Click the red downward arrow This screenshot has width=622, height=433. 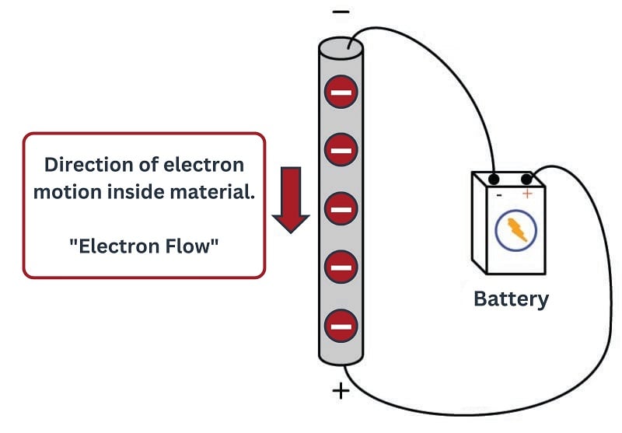pos(291,199)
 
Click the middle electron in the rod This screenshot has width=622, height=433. pos(341,208)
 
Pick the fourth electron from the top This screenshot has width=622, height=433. pos(341,268)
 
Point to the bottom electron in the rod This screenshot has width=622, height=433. pos(341,326)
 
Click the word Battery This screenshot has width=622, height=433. pos(511,299)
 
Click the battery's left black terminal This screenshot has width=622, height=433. pos(493,180)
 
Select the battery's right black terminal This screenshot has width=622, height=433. pos(526,180)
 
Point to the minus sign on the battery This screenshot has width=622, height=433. pos(498,194)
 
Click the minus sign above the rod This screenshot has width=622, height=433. pos(341,12)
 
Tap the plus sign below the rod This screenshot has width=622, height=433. pos(341,390)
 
